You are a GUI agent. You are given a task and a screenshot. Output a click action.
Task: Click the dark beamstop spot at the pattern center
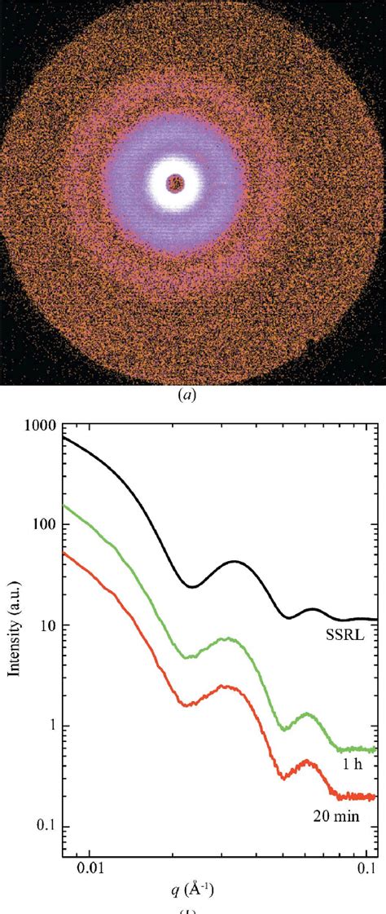174,183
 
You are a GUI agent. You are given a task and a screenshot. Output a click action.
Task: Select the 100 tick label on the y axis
44,525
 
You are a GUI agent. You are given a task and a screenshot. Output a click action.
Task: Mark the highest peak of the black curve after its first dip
235,561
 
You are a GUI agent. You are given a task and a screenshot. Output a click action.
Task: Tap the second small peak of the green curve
306,713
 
